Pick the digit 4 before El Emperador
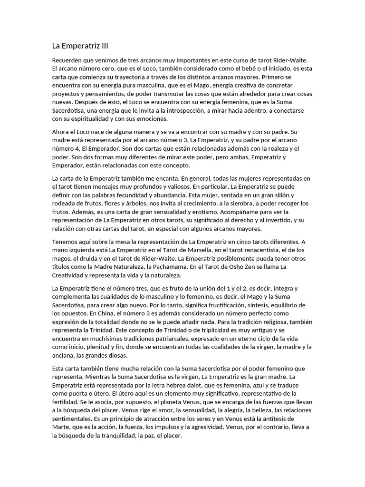(81, 148)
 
